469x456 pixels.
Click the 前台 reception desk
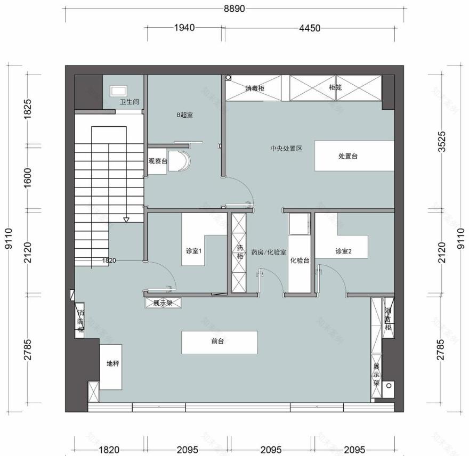point(220,343)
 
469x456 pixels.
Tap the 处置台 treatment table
point(354,156)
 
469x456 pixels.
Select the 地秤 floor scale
point(111,367)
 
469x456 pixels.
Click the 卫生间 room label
point(130,102)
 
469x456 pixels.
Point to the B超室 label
point(184,115)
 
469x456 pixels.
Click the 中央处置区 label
point(286,149)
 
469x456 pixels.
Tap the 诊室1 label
point(193,251)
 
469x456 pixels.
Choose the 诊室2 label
point(343,251)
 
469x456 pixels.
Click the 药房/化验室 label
point(269,253)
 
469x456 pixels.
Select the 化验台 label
point(300,260)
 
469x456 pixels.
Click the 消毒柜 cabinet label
point(255,88)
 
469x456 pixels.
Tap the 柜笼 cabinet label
point(335,87)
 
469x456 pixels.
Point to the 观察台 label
point(158,161)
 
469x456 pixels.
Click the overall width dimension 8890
point(234,9)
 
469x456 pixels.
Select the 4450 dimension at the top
point(310,28)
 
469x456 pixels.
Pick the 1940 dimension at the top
point(184,28)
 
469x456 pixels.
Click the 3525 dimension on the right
point(442,142)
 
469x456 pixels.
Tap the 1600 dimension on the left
point(28,178)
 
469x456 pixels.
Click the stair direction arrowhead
point(126,220)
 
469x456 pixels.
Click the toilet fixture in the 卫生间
point(119,91)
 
